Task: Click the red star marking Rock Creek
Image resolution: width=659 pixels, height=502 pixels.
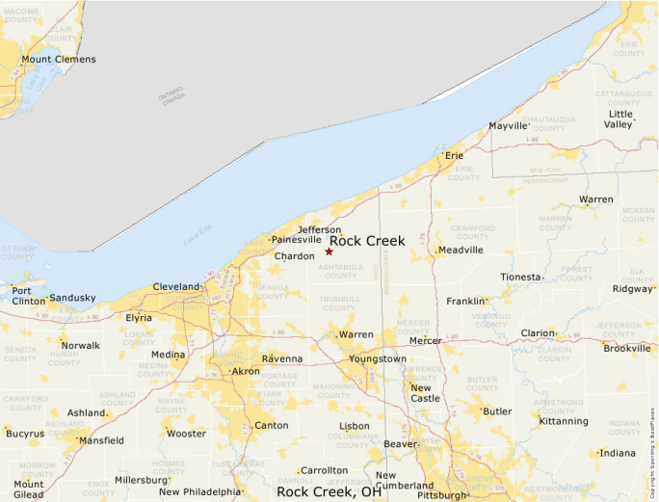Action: pyautogui.click(x=329, y=251)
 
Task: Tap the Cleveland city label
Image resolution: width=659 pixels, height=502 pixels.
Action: pyautogui.click(x=175, y=286)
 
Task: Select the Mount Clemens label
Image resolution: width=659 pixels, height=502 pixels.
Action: pyautogui.click(x=59, y=60)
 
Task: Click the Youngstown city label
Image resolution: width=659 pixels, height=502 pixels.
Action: pyautogui.click(x=378, y=358)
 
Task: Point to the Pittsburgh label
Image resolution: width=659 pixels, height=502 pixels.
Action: pyautogui.click(x=442, y=495)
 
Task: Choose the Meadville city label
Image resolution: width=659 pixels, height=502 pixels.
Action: pyautogui.click(x=461, y=251)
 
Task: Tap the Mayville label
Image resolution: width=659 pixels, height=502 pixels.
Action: pyautogui.click(x=509, y=126)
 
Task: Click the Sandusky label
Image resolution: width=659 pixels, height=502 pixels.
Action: pyautogui.click(x=73, y=299)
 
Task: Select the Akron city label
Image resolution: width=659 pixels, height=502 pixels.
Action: pyautogui.click(x=246, y=371)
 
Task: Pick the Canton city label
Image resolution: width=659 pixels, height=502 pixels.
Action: pyautogui.click(x=271, y=425)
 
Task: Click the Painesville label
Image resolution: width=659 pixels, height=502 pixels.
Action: pyautogui.click(x=296, y=239)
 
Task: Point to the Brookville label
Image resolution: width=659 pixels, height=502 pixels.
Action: pyautogui.click(x=627, y=348)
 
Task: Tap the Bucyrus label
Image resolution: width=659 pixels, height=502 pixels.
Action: pyautogui.click(x=25, y=434)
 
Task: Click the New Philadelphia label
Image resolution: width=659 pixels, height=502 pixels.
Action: pyautogui.click(x=200, y=491)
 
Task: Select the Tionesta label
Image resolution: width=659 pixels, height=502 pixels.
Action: pyautogui.click(x=520, y=277)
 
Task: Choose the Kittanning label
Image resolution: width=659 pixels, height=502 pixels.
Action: pyautogui.click(x=564, y=421)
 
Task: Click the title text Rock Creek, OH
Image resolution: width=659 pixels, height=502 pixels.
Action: pyautogui.click(x=329, y=491)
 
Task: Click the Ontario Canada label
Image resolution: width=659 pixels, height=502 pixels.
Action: pyautogui.click(x=171, y=96)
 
